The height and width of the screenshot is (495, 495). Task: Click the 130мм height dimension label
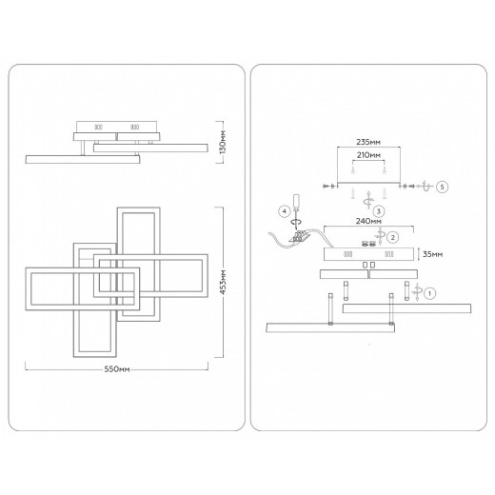point(223,142)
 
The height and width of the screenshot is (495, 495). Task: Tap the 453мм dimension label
point(223,282)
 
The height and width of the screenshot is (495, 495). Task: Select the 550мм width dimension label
point(117,369)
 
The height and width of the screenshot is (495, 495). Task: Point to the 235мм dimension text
point(368,142)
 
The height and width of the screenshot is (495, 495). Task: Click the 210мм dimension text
point(368,155)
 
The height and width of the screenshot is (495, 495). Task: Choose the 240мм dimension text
point(368,221)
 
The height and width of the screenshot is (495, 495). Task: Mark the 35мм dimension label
point(433,254)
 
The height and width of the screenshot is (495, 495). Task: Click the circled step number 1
point(429,293)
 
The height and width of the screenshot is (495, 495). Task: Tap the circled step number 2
point(393,237)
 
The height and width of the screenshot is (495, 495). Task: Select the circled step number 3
point(379,211)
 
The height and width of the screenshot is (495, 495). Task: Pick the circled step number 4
point(285,211)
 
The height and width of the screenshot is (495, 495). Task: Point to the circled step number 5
point(442,187)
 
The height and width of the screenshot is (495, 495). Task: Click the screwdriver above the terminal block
point(296,208)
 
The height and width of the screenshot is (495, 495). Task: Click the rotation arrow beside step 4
point(297,222)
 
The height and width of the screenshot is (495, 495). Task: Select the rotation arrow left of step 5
point(426,186)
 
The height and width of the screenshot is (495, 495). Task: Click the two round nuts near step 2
point(368,244)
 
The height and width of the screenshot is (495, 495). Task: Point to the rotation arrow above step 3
point(368,200)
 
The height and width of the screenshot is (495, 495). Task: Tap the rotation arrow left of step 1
point(417,291)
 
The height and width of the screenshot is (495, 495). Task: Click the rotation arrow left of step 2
point(380,236)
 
